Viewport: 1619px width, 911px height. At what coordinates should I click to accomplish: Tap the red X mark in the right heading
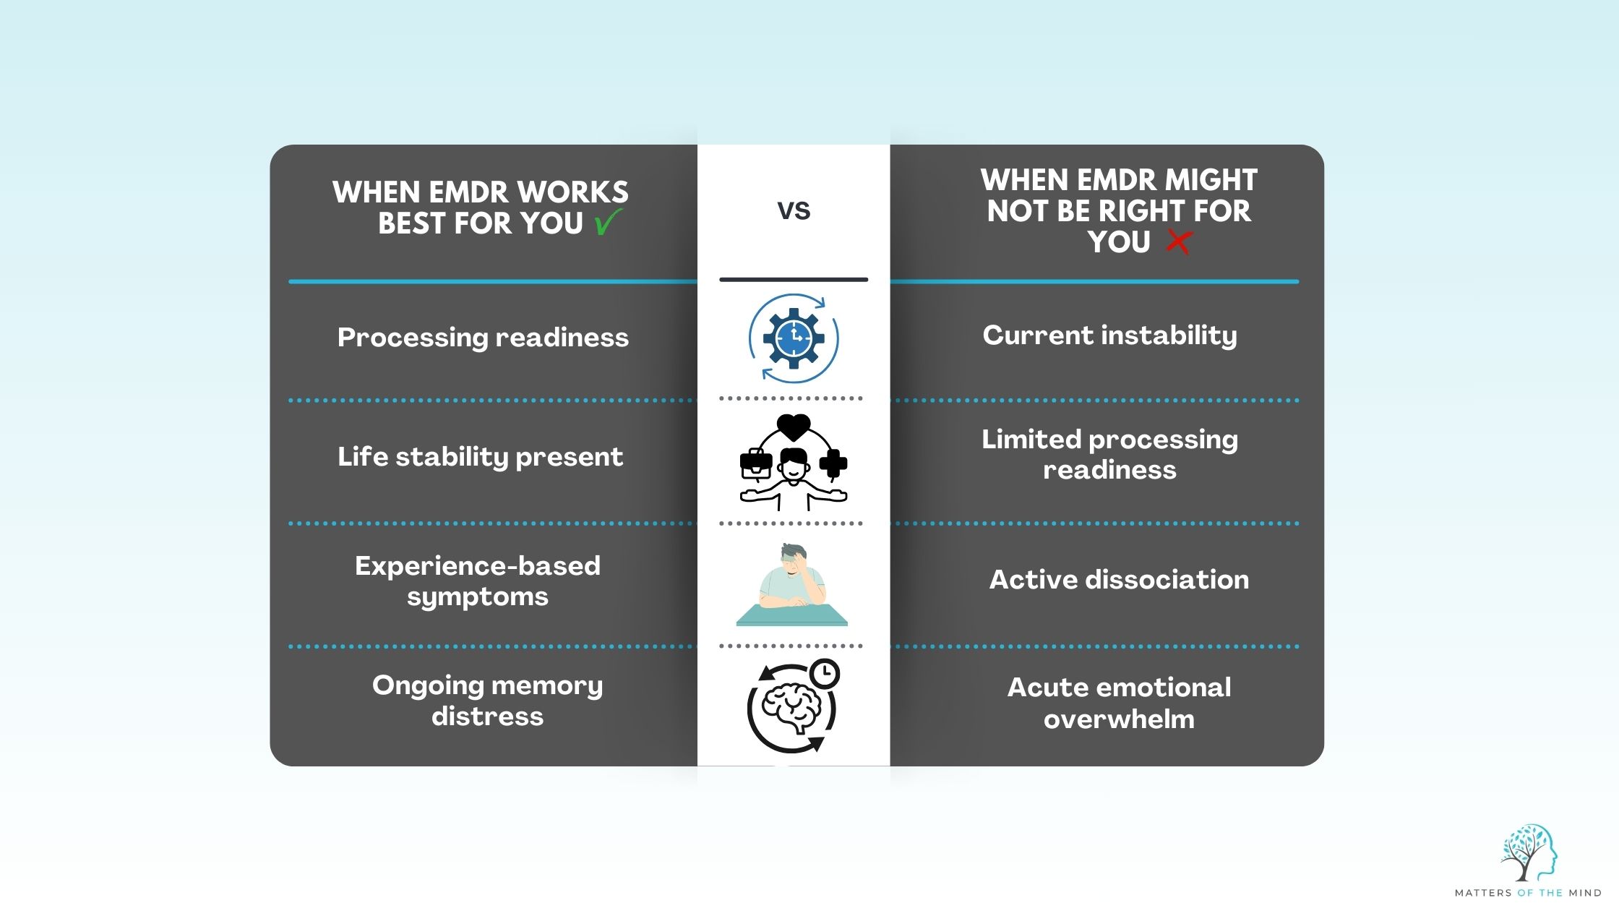click(x=1178, y=241)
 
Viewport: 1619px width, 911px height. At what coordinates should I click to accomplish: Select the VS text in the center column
click(x=794, y=210)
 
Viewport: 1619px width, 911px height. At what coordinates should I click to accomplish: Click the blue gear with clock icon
click(x=794, y=338)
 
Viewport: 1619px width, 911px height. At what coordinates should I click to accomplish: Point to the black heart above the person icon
click(x=794, y=427)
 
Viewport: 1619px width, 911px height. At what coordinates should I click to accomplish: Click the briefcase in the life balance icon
click(x=756, y=463)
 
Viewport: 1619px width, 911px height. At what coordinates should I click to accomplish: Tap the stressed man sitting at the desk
click(x=792, y=578)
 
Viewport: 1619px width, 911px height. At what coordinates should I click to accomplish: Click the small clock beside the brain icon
click(x=825, y=674)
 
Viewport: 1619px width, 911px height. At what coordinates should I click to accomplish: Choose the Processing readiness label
click(x=483, y=338)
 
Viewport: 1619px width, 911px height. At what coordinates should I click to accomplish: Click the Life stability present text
click(x=480, y=457)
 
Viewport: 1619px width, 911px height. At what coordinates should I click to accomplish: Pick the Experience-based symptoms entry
click(x=477, y=581)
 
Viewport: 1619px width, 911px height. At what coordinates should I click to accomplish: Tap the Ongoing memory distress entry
click(x=487, y=700)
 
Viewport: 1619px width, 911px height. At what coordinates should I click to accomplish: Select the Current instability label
click(x=1109, y=335)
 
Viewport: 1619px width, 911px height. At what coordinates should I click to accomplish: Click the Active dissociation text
click(x=1118, y=580)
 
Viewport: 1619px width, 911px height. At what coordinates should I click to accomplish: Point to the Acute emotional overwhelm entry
click(x=1119, y=703)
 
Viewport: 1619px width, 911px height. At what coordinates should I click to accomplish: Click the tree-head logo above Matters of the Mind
click(x=1528, y=853)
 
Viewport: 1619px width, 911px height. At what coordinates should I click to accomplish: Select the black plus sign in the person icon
click(x=833, y=463)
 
